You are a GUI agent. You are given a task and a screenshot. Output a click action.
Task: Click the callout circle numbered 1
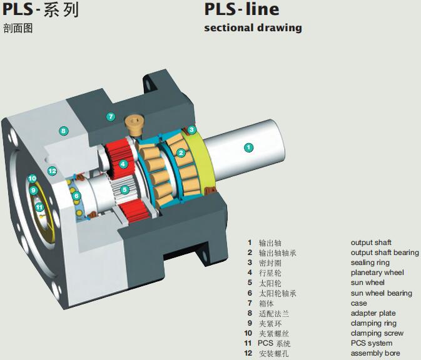pyautogui.click(x=248, y=147)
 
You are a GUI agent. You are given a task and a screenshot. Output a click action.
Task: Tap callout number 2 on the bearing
pyautogui.click(x=181, y=152)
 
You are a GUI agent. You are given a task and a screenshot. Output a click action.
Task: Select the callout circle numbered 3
pyautogui.click(x=192, y=129)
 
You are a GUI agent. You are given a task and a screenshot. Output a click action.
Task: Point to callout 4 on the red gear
pyautogui.click(x=123, y=164)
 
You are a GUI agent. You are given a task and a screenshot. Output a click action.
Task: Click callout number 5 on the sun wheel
pyautogui.click(x=124, y=189)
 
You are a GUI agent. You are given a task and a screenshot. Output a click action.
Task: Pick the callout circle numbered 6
pyautogui.click(x=76, y=196)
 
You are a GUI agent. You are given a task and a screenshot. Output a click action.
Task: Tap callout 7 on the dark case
pyautogui.click(x=110, y=116)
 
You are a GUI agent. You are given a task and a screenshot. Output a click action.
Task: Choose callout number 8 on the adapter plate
pyautogui.click(x=63, y=131)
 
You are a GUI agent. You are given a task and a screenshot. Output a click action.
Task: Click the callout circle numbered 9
pyautogui.click(x=33, y=190)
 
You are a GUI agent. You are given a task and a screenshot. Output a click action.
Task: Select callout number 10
pyautogui.click(x=32, y=179)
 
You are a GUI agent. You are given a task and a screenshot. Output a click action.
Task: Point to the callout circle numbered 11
pyautogui.click(x=39, y=207)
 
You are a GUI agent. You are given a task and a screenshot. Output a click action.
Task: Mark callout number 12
pyautogui.click(x=52, y=171)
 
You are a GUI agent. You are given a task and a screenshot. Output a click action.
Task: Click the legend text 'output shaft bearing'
pyautogui.click(x=384, y=252)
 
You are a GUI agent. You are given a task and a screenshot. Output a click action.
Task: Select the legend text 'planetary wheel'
pyautogui.click(x=377, y=272)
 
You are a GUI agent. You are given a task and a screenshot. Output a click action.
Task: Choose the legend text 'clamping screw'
pyautogui.click(x=377, y=333)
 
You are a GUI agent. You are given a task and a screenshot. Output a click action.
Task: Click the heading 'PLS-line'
pyautogui.click(x=241, y=9)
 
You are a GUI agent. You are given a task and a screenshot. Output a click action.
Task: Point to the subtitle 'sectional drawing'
pyautogui.click(x=253, y=27)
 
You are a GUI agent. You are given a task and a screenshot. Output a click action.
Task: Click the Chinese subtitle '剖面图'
pyautogui.click(x=17, y=27)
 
